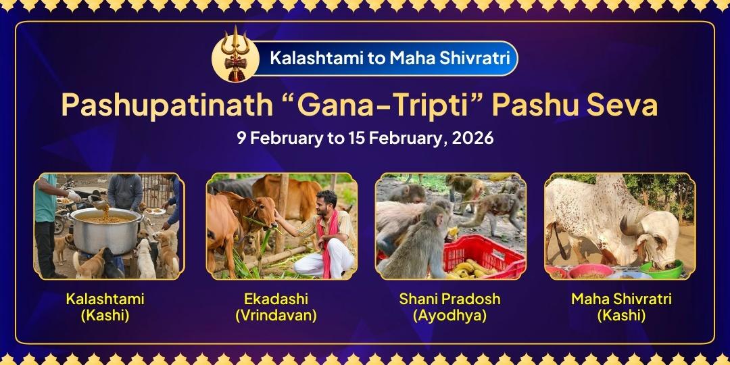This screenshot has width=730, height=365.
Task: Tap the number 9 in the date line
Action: click(x=241, y=139)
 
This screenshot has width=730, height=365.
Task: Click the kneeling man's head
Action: click(x=326, y=201)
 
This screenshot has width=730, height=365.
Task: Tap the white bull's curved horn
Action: click(x=637, y=230)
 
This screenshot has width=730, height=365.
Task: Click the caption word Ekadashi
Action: click(x=276, y=299)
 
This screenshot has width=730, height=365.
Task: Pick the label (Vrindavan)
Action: click(x=276, y=315)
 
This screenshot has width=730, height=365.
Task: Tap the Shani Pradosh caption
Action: click(x=449, y=299)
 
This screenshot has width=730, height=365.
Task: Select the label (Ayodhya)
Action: click(x=449, y=315)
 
